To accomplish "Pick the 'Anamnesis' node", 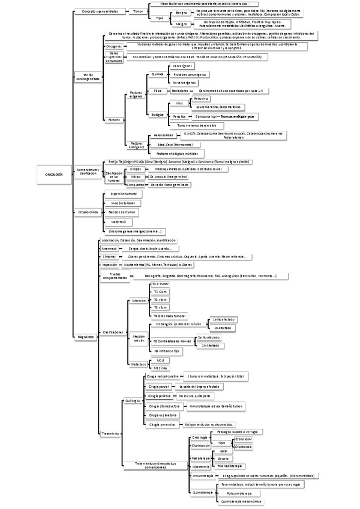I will click(x=110, y=248).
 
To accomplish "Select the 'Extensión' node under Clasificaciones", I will click(x=139, y=300).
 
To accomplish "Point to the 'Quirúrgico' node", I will click(x=132, y=399).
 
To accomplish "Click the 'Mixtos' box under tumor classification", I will click(x=136, y=177).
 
